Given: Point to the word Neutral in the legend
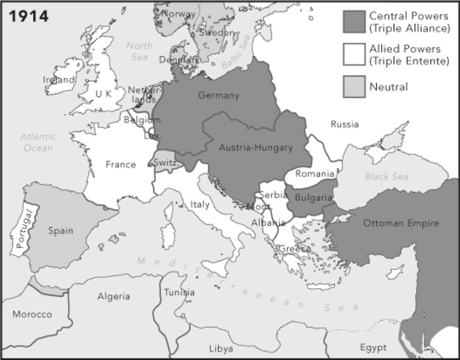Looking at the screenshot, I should coord(388,87).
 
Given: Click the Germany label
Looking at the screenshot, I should coord(219,95).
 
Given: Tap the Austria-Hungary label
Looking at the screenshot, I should coord(255,148).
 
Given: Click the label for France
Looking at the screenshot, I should coord(121,164).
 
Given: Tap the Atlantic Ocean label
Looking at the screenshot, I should coord(37,142).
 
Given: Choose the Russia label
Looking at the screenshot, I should coord(345,124).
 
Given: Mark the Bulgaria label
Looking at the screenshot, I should coord(314,197).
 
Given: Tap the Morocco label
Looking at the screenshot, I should coord(31,313).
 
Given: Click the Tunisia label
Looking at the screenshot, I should coord(180,292).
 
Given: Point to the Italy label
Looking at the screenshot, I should coord(200,204).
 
